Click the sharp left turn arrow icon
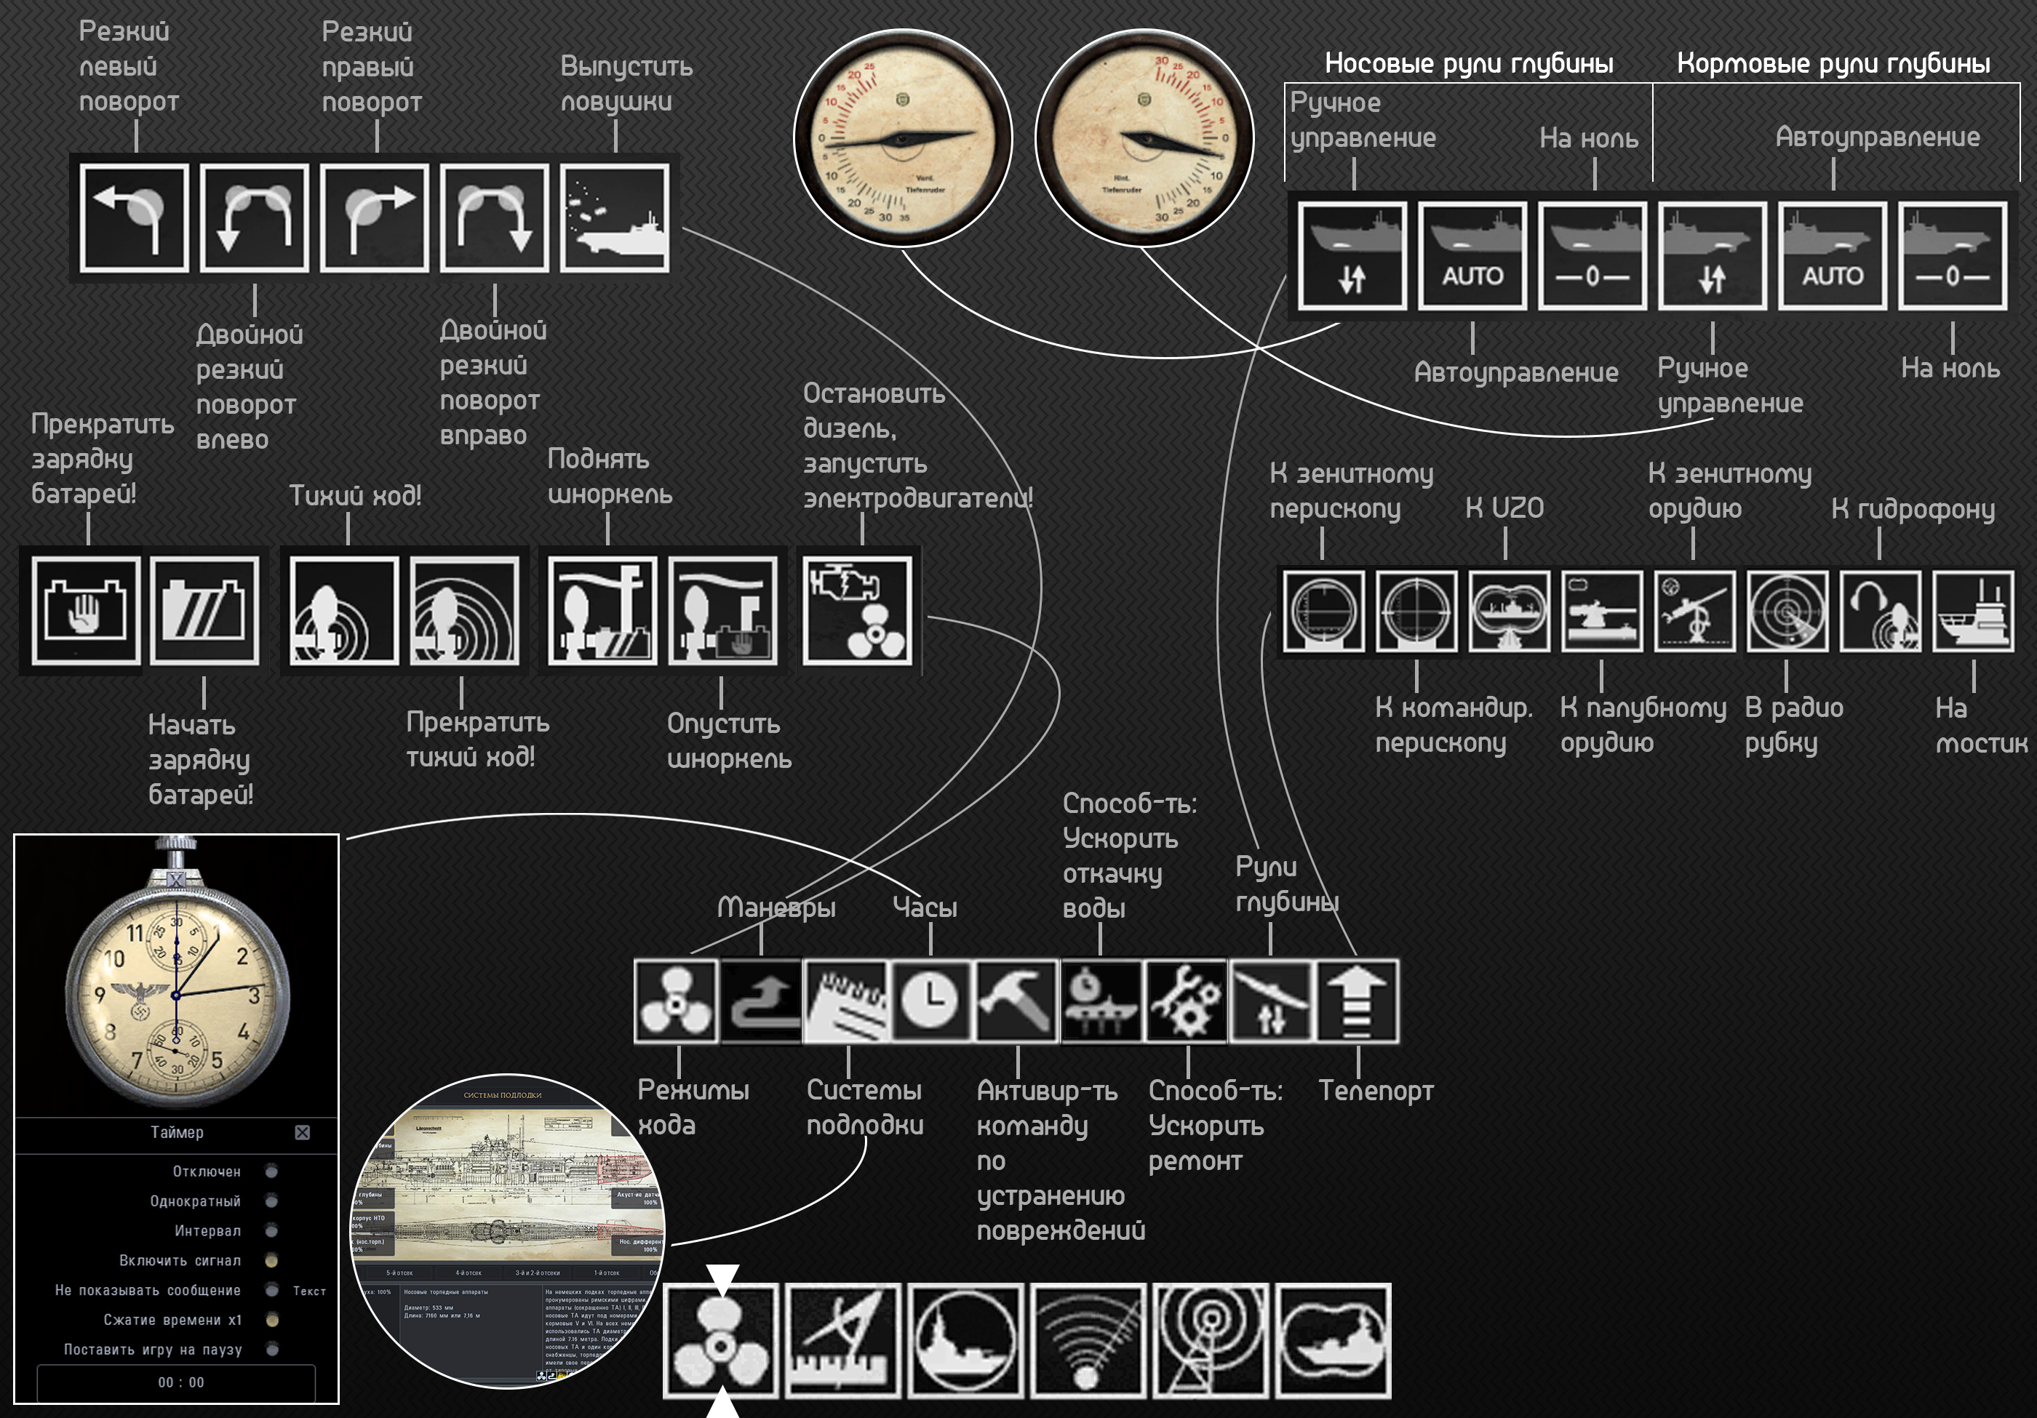coord(134,218)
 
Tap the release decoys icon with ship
coord(615,218)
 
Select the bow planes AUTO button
coord(1472,256)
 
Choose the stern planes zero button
coord(1952,256)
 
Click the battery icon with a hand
coord(85,611)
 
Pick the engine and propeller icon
coord(857,611)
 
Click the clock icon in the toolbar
coord(930,1001)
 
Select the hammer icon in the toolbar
coord(1015,1001)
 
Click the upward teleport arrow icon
coord(1358,1001)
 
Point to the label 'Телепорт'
coord(1375,1091)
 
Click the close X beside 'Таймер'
coord(303,1132)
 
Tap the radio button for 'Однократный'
coord(271,1201)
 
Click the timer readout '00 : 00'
coord(180,1382)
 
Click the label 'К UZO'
coord(1504,508)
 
